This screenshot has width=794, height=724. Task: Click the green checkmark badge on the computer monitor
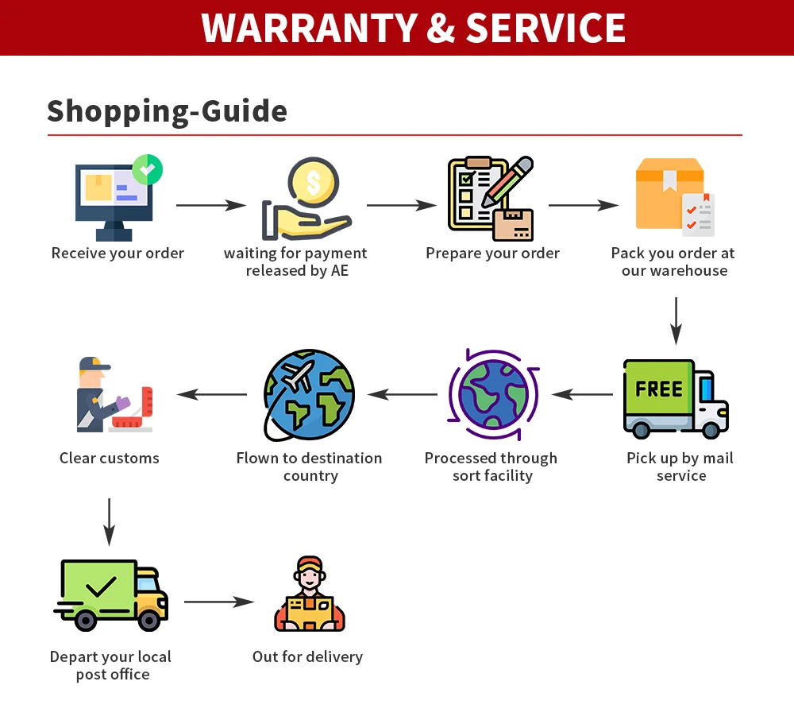148,169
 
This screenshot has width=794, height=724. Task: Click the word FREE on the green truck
659,389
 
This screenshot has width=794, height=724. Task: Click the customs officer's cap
94,365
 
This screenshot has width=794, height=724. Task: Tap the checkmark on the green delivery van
100,587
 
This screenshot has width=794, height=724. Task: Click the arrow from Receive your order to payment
211,206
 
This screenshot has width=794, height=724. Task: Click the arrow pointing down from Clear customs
110,521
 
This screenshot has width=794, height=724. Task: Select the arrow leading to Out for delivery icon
219,602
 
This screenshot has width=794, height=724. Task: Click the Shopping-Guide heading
167,111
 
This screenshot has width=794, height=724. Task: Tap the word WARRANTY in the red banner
309,28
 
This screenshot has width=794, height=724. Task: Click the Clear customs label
110,459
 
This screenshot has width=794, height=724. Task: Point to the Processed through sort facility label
491,467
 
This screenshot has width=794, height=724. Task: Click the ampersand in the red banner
441,28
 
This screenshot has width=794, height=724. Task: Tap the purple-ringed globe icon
493,395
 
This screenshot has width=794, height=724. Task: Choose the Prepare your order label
492,254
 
